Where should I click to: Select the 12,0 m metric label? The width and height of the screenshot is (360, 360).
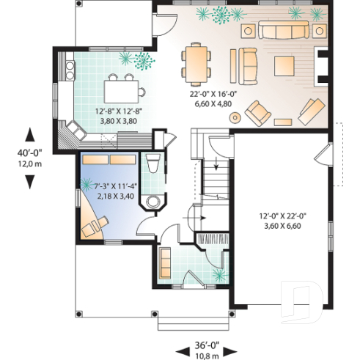point(29,164)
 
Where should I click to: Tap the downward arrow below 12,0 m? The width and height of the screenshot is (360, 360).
point(29,181)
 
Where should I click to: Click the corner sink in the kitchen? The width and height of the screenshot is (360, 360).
point(75,132)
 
